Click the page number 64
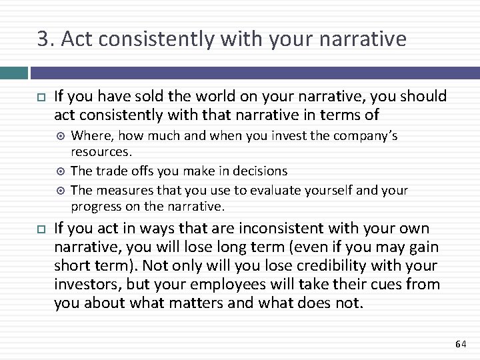tap(460, 344)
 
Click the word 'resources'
tap(100, 152)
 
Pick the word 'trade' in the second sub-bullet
tap(111, 171)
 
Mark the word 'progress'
tap(95, 206)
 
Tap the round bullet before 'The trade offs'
tap(61, 171)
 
